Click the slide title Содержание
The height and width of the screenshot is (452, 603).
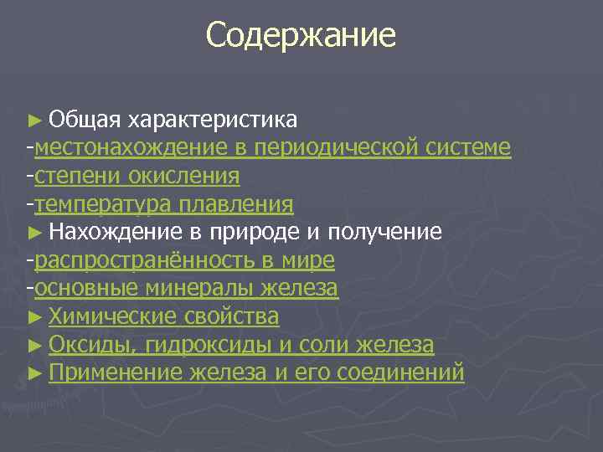pos(301,35)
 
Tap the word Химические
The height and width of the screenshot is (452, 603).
pos(112,317)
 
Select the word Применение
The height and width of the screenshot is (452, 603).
pos(115,372)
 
